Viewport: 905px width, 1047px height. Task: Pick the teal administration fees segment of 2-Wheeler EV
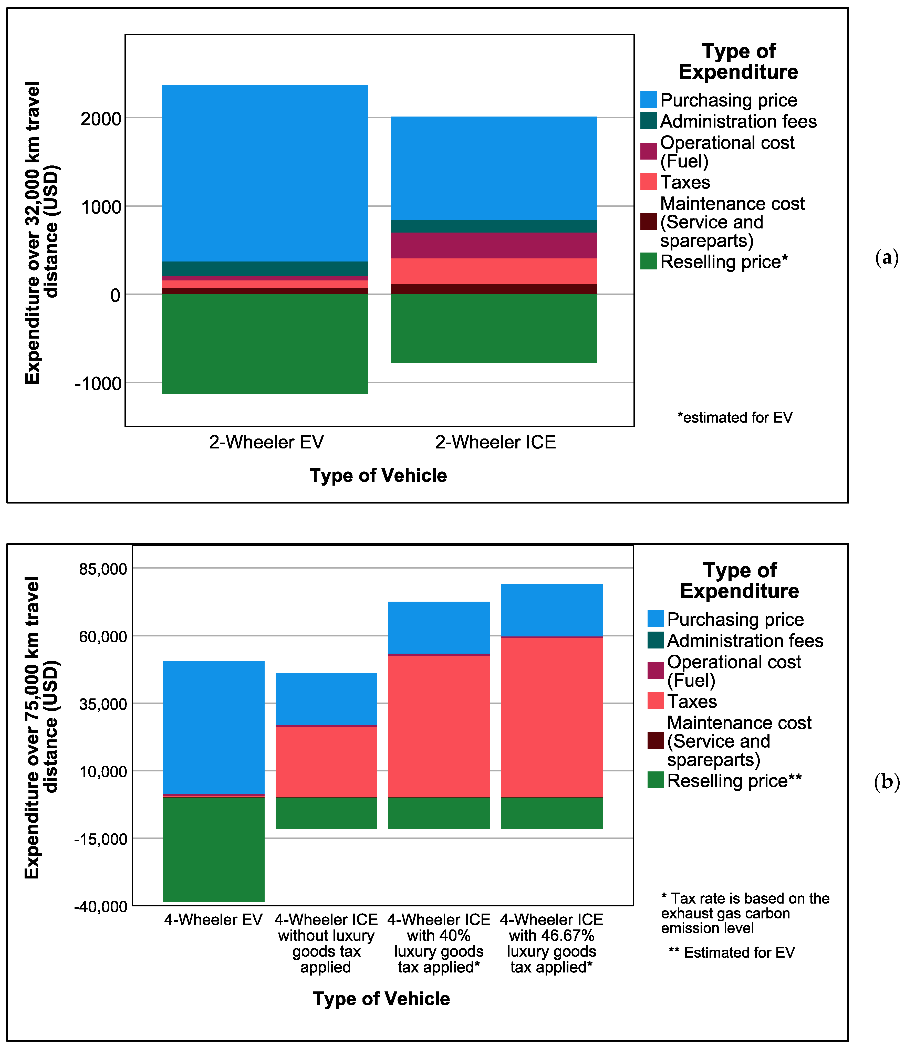265,268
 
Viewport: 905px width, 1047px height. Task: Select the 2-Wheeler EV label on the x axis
266,442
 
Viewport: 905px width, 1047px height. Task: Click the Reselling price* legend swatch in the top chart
648,261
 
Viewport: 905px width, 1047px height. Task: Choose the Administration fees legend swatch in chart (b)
656,640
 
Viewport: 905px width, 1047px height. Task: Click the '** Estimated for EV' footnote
731,952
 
